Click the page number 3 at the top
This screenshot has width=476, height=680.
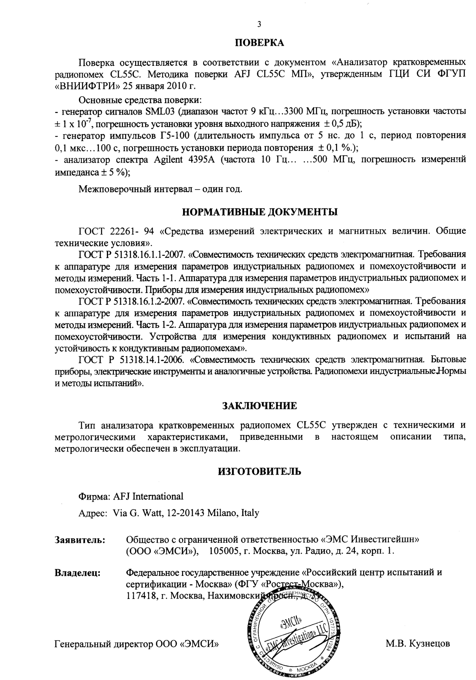[x=259, y=24]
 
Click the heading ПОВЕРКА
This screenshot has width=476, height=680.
[x=259, y=43]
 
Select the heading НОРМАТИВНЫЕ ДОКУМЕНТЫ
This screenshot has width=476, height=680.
[x=259, y=213]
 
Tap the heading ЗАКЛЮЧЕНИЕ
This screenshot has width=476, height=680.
[x=259, y=405]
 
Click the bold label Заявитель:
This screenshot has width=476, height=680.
[x=80, y=540]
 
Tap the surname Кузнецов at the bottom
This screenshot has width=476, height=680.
[x=429, y=643]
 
